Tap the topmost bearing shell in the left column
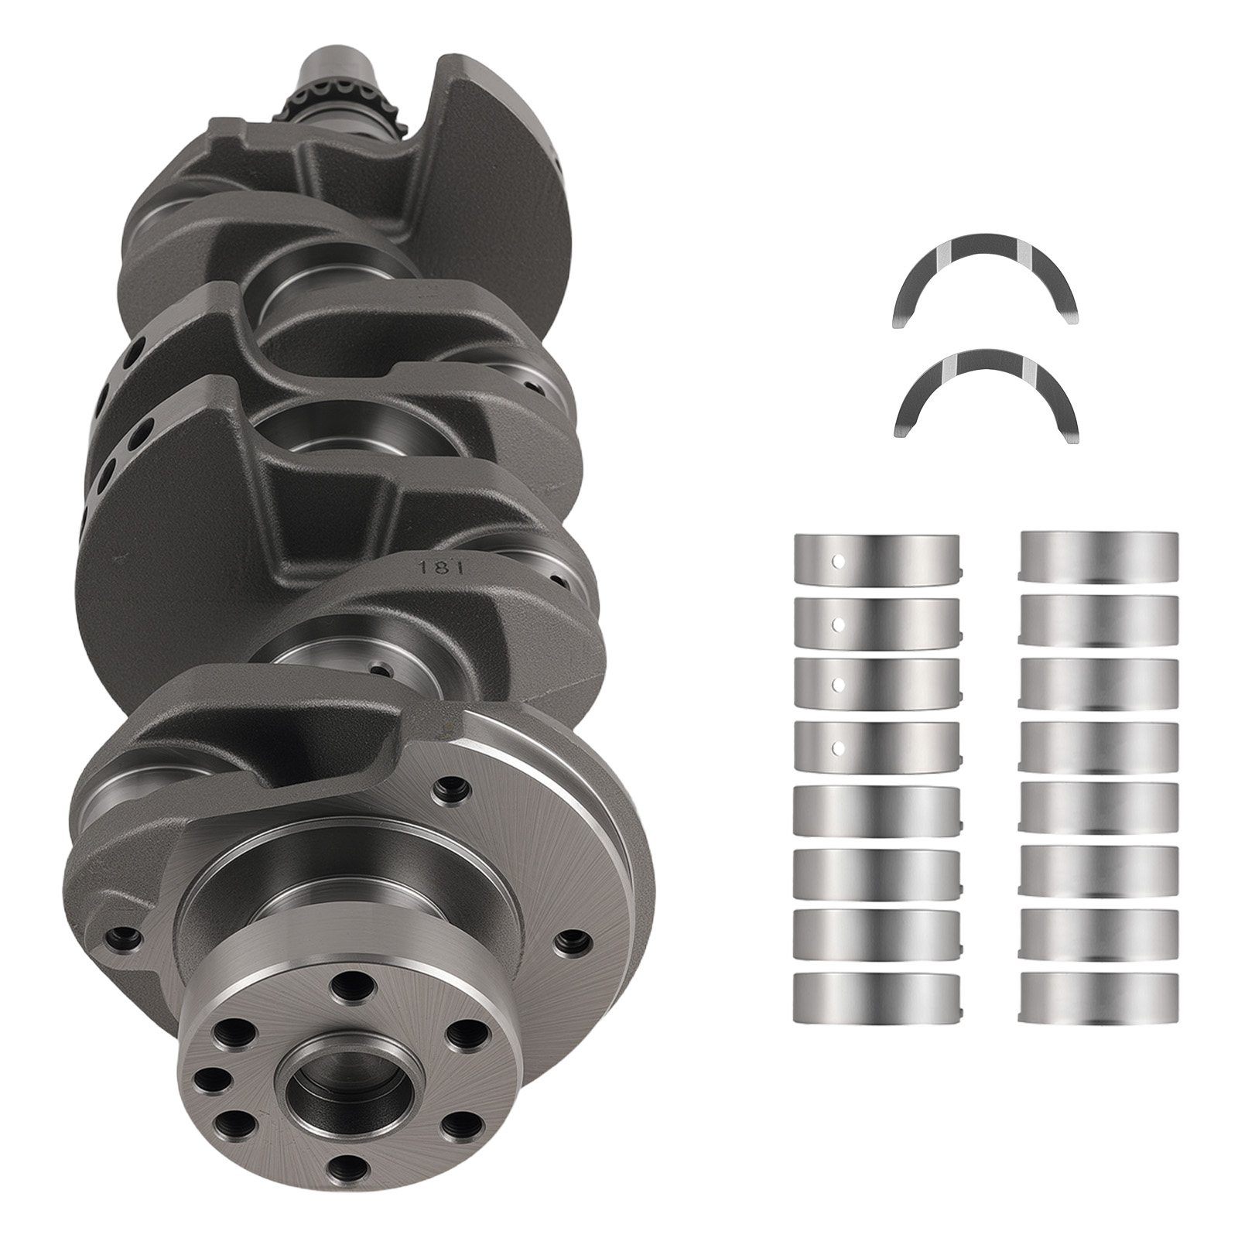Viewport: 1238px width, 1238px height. click(876, 557)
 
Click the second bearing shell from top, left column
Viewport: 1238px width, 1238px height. click(876, 621)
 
